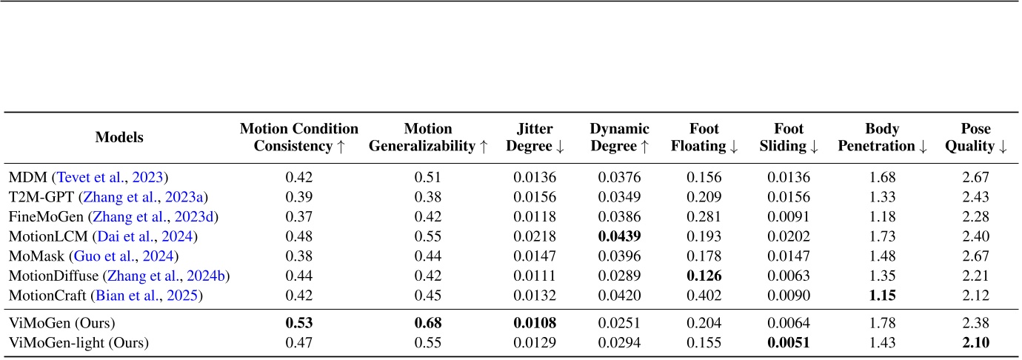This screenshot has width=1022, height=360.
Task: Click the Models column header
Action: (119, 137)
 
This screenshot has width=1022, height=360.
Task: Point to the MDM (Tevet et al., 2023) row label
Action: (88, 177)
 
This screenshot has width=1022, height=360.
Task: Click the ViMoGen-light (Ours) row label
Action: (79, 343)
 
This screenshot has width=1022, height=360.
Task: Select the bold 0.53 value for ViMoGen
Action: (298, 323)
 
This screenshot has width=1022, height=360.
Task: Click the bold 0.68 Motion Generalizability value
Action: (429, 323)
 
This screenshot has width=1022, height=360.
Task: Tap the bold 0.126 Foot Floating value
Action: (704, 276)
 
